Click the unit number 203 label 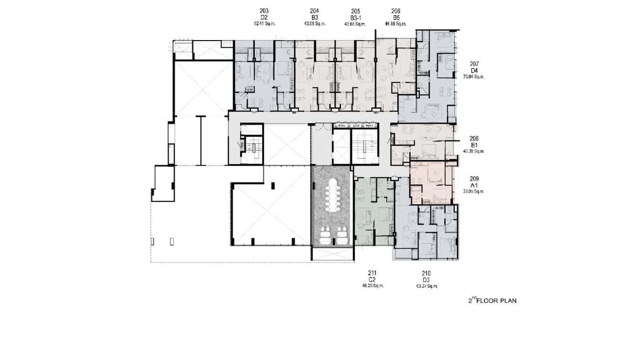(x=264, y=11)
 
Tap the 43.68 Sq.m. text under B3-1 (x=355, y=23)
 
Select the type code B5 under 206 (x=395, y=17)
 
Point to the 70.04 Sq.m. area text (x=474, y=76)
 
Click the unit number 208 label (x=474, y=138)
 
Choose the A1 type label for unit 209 (x=474, y=185)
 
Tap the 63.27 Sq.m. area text (x=427, y=286)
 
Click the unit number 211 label (x=373, y=273)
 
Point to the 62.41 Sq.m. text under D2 (x=264, y=23)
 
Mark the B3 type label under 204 (x=314, y=17)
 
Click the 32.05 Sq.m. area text (x=474, y=191)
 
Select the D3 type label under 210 (x=427, y=280)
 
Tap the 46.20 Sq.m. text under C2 (x=373, y=286)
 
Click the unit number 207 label (x=474, y=64)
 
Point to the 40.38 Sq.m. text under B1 (x=474, y=151)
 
